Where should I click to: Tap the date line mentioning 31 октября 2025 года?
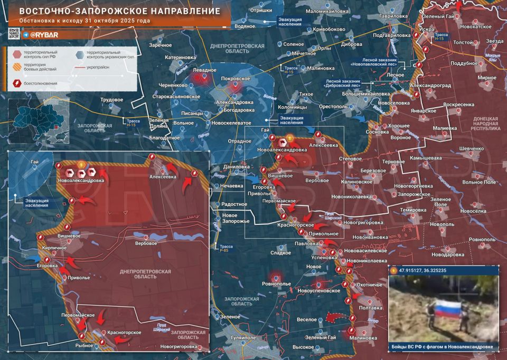coord(84,21)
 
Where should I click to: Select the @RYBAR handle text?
coord(43,34)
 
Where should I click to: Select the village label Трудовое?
coord(112,99)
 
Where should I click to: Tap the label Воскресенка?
coord(458,105)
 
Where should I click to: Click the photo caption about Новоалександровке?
coord(443,347)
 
